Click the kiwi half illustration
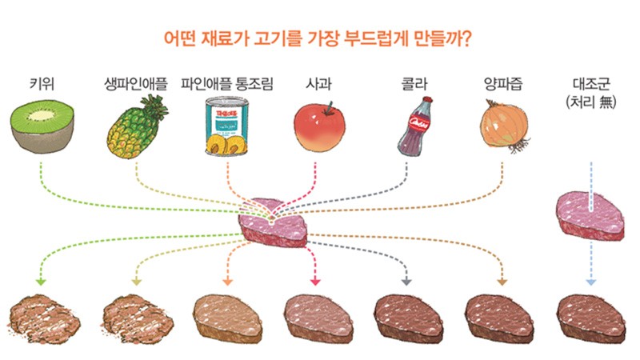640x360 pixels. (x=42, y=126)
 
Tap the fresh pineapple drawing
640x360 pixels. (x=137, y=127)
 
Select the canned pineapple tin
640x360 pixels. (x=226, y=126)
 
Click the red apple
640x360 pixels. (x=319, y=127)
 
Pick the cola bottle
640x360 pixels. (x=414, y=126)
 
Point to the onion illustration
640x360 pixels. (x=506, y=126)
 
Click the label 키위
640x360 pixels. (x=42, y=84)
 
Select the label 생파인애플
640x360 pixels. (x=136, y=84)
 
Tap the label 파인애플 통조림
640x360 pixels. (x=227, y=84)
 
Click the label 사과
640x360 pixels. (x=318, y=84)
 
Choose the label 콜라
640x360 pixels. (x=414, y=84)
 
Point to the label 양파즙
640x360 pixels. (x=503, y=84)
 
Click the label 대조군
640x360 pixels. (x=591, y=84)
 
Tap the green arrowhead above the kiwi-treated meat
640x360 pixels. (x=41, y=282)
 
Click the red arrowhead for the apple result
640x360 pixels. (x=315, y=282)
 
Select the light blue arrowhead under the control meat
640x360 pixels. (x=591, y=282)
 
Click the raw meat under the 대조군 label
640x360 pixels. (x=590, y=216)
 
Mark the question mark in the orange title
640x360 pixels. (x=466, y=38)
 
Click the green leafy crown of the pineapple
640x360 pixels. (x=155, y=107)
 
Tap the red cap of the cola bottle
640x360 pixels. (x=427, y=99)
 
